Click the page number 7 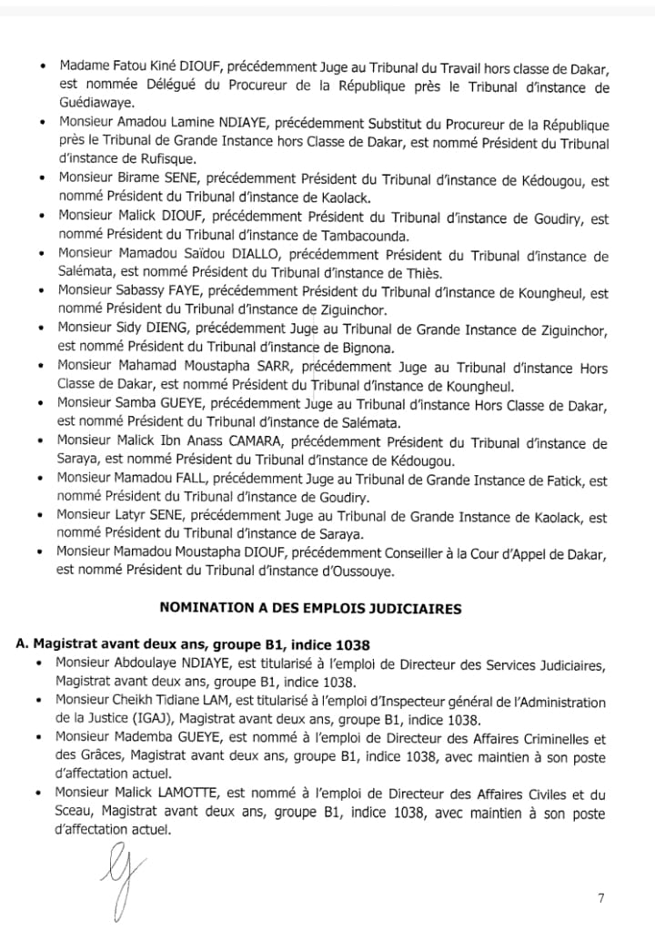pyautogui.click(x=601, y=899)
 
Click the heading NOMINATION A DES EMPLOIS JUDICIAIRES pyautogui.click(x=310, y=608)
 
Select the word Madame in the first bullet pyautogui.click(x=83, y=67)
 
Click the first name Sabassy pyautogui.click(x=144, y=292)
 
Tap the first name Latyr pyautogui.click(x=132, y=517)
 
